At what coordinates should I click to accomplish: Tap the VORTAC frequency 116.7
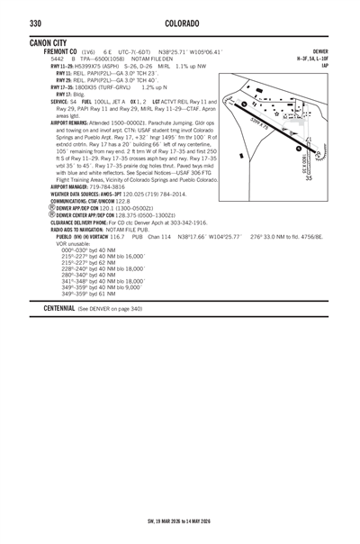tap(117, 237)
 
